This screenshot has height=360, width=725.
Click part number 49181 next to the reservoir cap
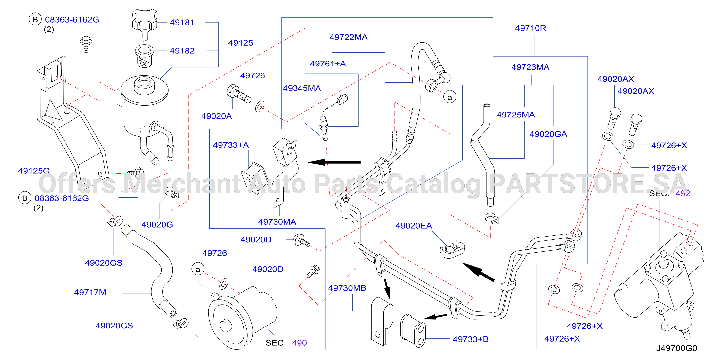182,23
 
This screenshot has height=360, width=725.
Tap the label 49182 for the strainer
182,51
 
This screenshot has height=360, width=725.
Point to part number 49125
240,43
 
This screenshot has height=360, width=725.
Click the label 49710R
530,28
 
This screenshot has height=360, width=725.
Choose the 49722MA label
348,37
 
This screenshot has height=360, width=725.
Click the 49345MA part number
302,88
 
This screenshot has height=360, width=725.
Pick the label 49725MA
516,115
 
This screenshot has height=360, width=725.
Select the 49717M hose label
90,292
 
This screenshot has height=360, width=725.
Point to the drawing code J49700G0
676,348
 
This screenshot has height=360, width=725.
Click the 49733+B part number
471,339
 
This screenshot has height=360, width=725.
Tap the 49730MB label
347,288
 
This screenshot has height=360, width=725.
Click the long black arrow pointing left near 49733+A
334,162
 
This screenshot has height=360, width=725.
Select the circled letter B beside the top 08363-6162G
35,19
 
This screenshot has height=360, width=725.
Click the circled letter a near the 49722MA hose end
450,97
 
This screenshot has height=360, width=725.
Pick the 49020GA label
548,134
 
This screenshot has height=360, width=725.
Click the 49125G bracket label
34,171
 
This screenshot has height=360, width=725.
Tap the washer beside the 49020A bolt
260,106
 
